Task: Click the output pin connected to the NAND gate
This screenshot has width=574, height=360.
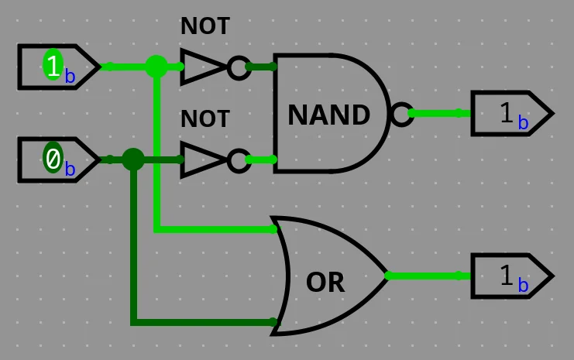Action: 511,114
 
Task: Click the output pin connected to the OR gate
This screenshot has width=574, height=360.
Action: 511,276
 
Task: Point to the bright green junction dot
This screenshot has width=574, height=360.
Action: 156,67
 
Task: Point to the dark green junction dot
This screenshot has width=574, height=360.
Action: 133,159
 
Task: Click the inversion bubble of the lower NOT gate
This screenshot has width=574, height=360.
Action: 238,160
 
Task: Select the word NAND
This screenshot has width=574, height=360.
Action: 328,115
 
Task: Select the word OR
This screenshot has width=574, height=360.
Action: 325,283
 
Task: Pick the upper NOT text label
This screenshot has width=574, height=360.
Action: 205,26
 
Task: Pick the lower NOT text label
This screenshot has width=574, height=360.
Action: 205,119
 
